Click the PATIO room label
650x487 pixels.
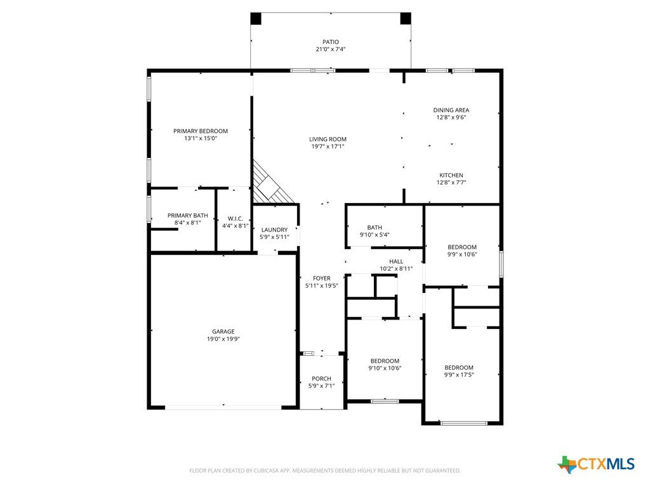click(330, 42)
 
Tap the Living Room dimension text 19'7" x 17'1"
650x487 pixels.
click(328, 146)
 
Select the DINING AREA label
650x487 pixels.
click(451, 110)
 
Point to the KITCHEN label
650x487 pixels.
click(451, 175)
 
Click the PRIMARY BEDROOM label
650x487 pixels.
click(201, 131)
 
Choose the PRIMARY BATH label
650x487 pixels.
click(188, 216)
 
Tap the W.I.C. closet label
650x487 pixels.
click(235, 219)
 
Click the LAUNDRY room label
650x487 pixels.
click(274, 230)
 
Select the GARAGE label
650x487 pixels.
click(223, 331)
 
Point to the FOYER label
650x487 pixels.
click(322, 278)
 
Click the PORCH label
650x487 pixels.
click(321, 379)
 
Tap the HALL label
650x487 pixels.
click(396, 261)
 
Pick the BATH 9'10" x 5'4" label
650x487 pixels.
click(375, 228)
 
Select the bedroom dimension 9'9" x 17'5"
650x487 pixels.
click(459, 375)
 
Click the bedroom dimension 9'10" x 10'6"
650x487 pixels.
click(385, 368)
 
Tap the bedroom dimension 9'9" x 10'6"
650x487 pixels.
click(462, 254)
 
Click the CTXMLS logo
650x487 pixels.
click(596, 464)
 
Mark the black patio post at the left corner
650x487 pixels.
click(256, 18)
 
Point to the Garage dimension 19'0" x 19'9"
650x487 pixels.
click(223, 339)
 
